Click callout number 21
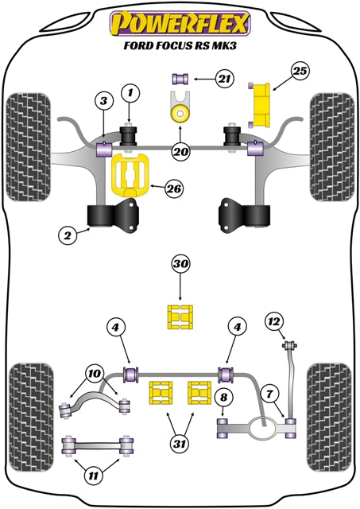[225, 78]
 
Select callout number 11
[95, 476]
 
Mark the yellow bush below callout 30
[180, 317]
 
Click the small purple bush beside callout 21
[180, 78]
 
